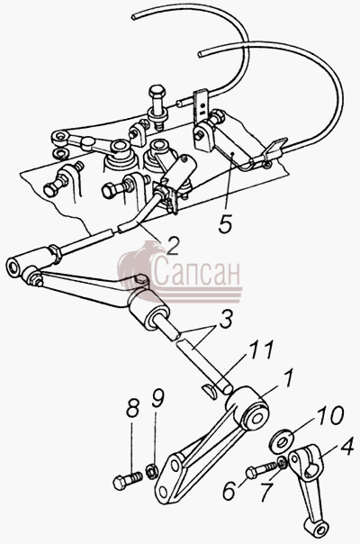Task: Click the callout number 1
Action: tap(289, 380)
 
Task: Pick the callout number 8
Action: tap(132, 408)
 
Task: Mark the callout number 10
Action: tap(331, 415)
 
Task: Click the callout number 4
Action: tap(346, 446)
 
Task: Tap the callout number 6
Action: tap(230, 490)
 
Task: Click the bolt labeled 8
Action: tap(128, 479)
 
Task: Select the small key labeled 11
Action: tap(210, 390)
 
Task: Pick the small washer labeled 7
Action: tap(283, 462)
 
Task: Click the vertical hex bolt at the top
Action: tap(157, 104)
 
